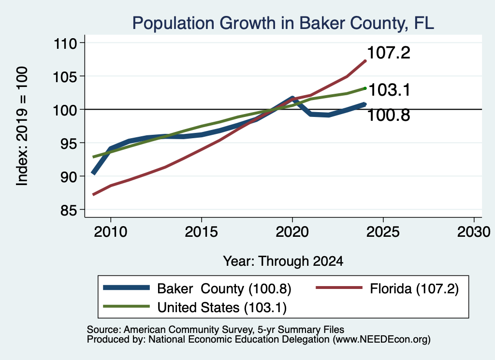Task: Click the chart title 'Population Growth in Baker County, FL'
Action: (283, 23)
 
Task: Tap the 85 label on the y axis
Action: (69, 210)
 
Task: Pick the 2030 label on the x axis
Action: (474, 232)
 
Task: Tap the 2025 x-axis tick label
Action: (383, 232)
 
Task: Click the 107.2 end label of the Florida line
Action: (389, 52)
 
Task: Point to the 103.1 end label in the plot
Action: (389, 89)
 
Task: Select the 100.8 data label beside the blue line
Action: (389, 115)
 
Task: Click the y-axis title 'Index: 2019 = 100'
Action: (22, 126)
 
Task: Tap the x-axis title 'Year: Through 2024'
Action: (283, 261)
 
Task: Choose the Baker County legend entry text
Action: (224, 288)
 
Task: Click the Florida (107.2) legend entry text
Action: (414, 288)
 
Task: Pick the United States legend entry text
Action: (222, 307)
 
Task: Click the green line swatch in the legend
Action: (126, 306)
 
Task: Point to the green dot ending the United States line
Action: (365, 88)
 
